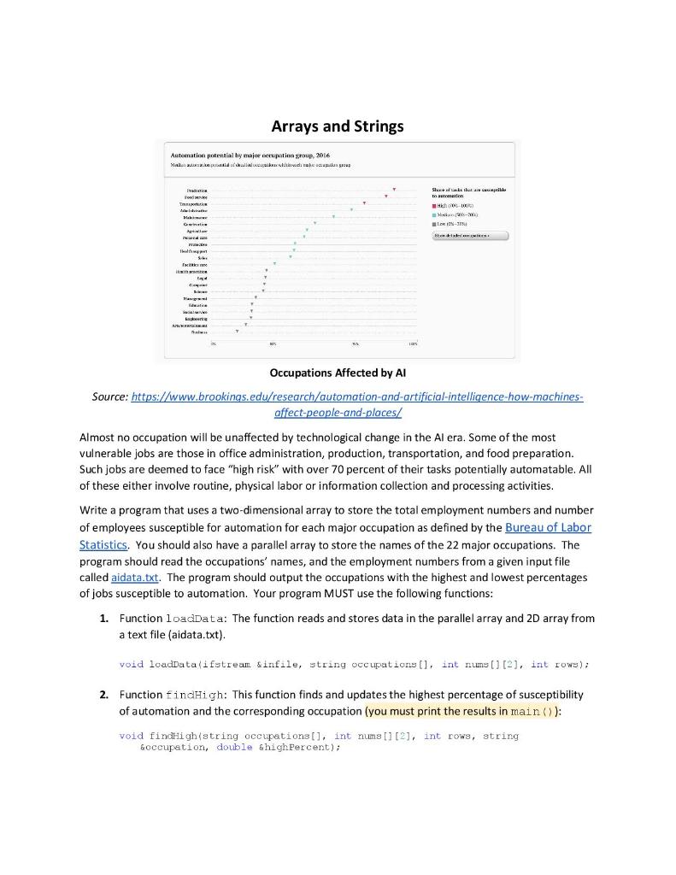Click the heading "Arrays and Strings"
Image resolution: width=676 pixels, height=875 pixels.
click(x=338, y=126)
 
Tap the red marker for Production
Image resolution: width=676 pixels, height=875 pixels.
click(x=394, y=189)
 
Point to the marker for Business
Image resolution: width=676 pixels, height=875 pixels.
click(x=238, y=331)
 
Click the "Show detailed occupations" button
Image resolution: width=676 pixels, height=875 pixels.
click(x=470, y=235)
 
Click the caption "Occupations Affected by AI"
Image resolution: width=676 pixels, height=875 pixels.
click(x=338, y=373)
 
